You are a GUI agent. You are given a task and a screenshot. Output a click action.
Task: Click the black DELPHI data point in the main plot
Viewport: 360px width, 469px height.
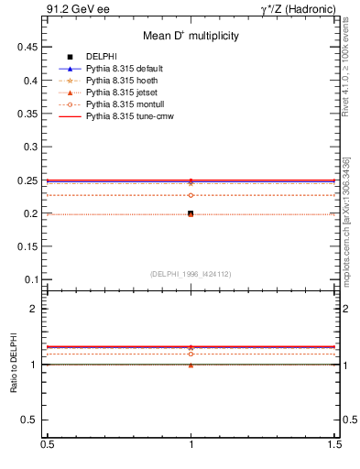pyautogui.click(x=191, y=213)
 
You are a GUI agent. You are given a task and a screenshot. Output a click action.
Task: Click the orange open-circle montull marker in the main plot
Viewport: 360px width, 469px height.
pyautogui.click(x=191, y=195)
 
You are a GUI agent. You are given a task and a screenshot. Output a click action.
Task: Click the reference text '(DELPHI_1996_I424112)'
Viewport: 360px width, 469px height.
pyautogui.click(x=191, y=273)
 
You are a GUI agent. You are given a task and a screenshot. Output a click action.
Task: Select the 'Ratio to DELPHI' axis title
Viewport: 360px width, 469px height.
pyautogui.click(x=14, y=364)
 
